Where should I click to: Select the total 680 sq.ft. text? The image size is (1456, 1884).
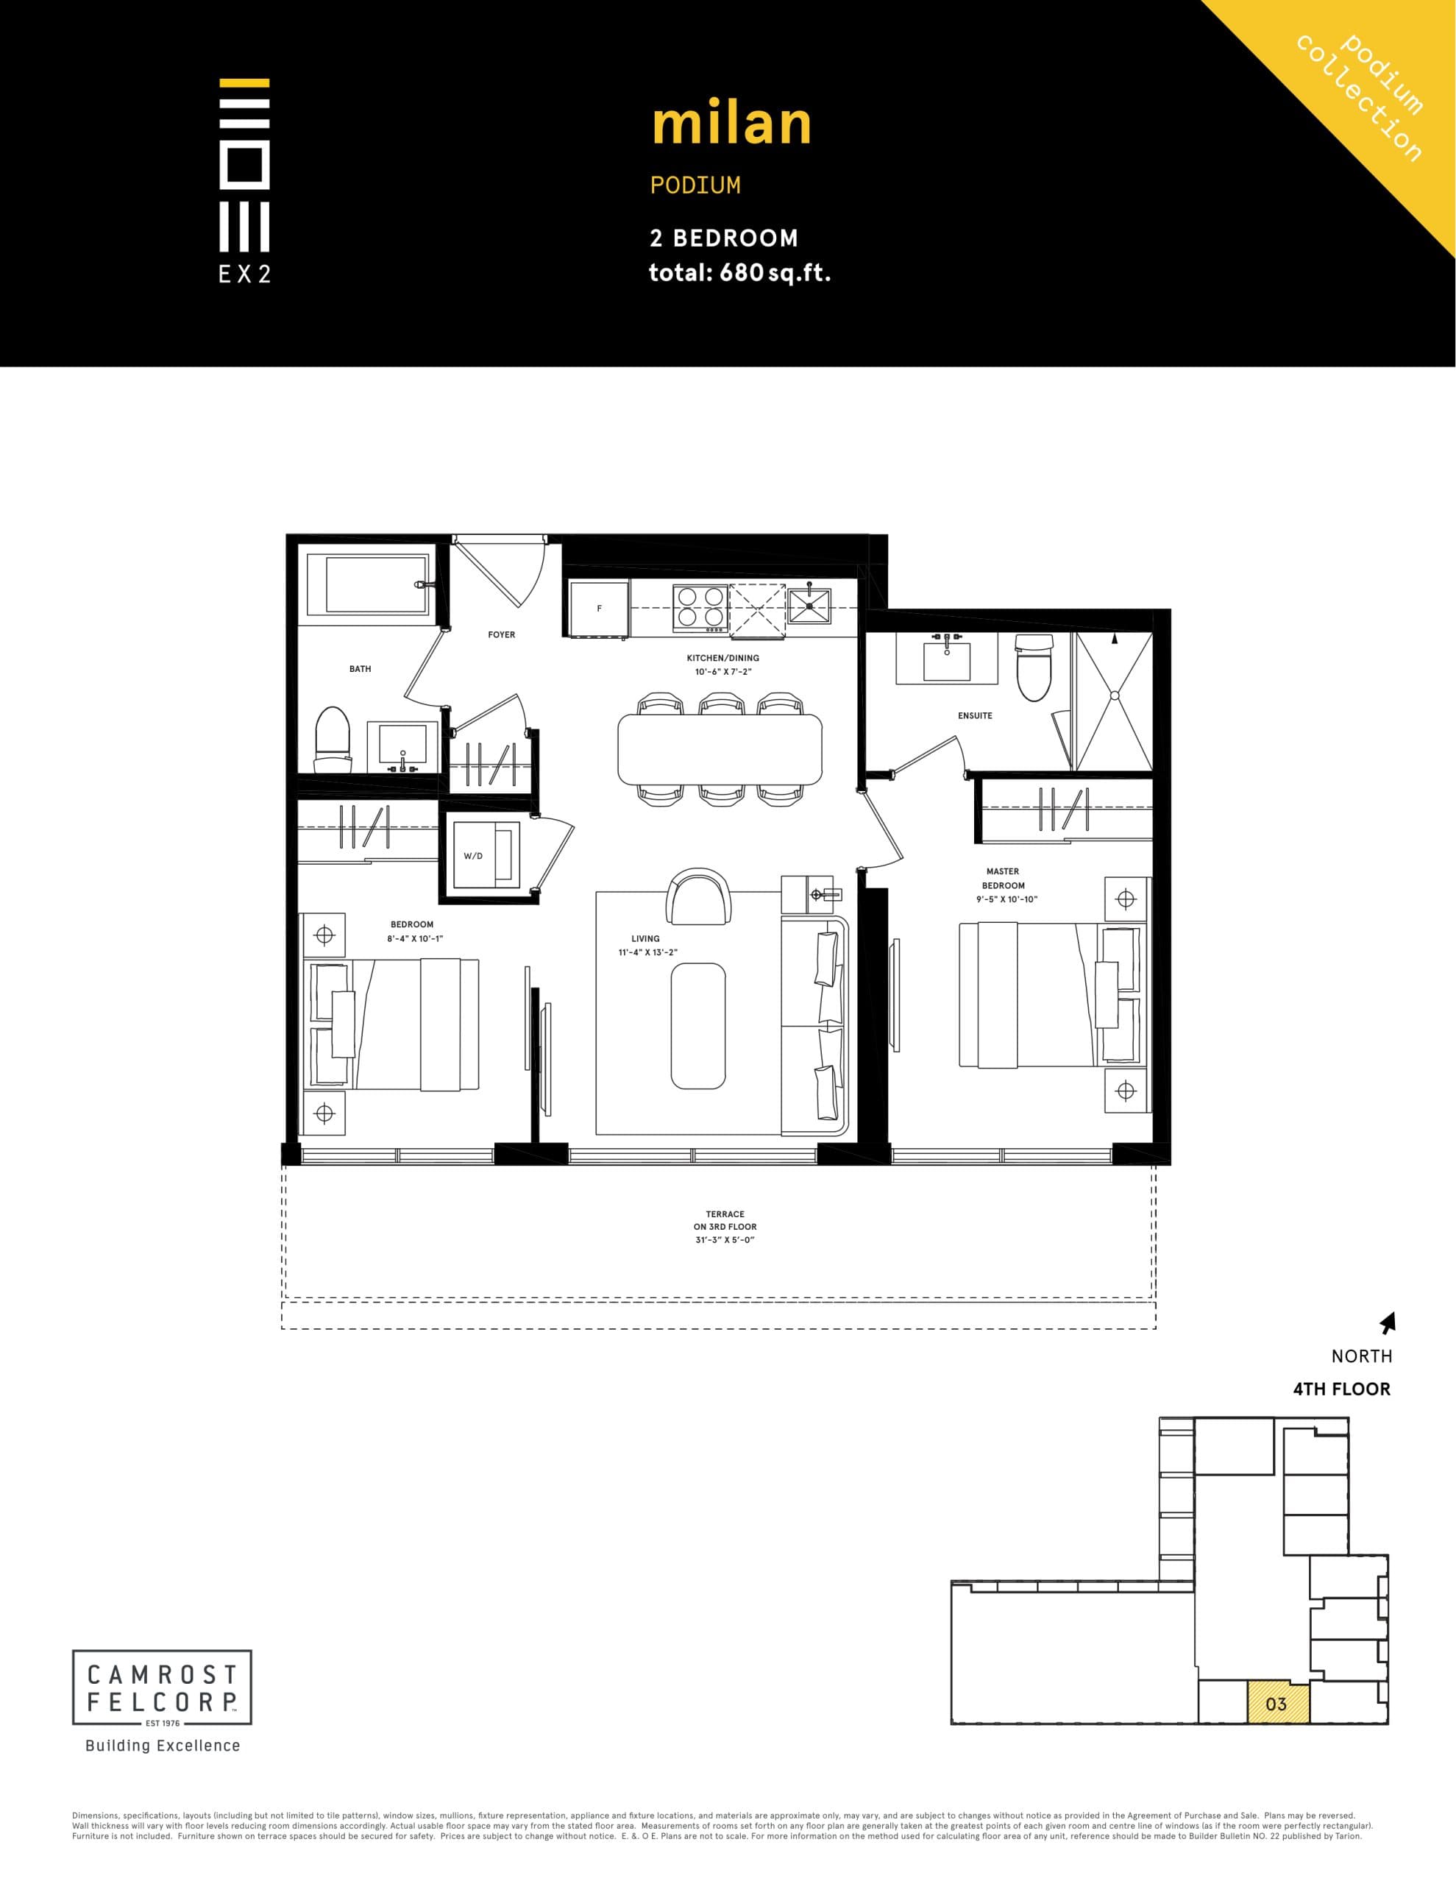[x=739, y=272]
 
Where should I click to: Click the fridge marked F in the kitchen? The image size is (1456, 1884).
[x=599, y=608]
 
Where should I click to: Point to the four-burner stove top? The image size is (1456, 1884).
[x=700, y=606]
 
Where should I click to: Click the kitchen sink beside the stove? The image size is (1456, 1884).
[x=809, y=606]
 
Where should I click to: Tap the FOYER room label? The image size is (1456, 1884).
[x=501, y=635]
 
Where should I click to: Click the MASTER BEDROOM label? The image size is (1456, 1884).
[x=1003, y=878]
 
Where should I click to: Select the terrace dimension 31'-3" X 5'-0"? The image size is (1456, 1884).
[x=725, y=1239]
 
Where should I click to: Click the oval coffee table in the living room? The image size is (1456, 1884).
[x=697, y=1026]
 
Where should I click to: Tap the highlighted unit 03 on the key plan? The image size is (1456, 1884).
[x=1277, y=1703]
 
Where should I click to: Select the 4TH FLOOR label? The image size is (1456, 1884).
[x=1341, y=1389]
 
